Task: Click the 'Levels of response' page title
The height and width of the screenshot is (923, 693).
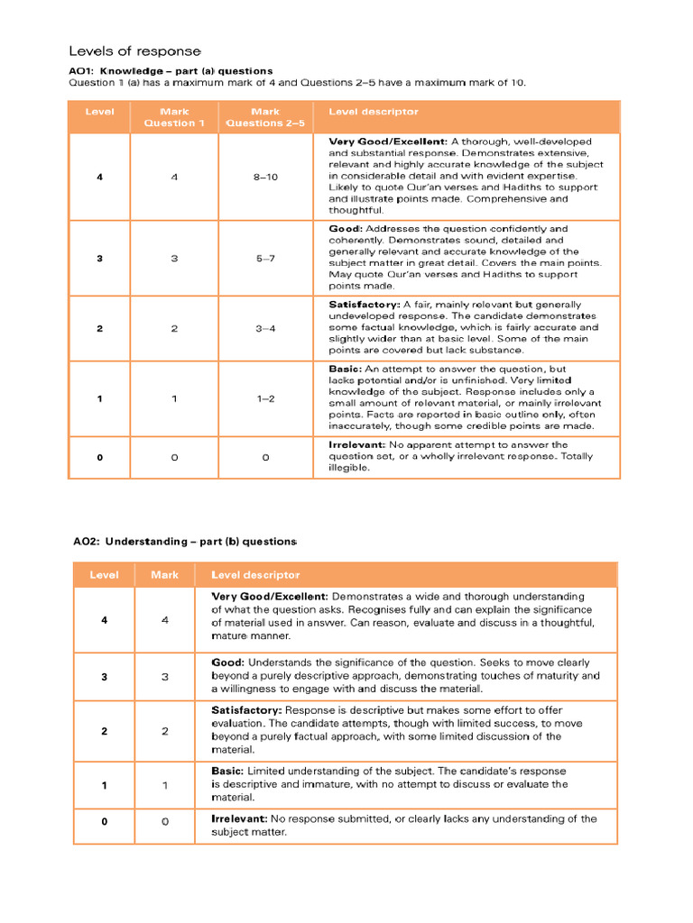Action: pyautogui.click(x=134, y=50)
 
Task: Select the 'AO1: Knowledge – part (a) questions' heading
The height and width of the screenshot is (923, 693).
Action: pyautogui.click(x=171, y=70)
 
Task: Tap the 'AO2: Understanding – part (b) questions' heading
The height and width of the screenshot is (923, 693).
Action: pyautogui.click(x=184, y=542)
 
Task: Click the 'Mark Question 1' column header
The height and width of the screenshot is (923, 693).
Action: pyautogui.click(x=174, y=117)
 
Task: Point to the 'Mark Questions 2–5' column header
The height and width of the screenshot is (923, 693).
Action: pyautogui.click(x=265, y=117)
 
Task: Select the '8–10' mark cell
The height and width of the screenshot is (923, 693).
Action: pyautogui.click(x=265, y=177)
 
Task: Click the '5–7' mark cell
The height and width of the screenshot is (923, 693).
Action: pyautogui.click(x=265, y=258)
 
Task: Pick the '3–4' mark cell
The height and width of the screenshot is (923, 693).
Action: pyautogui.click(x=265, y=328)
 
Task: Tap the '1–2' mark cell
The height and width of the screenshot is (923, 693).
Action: pyautogui.click(x=265, y=398)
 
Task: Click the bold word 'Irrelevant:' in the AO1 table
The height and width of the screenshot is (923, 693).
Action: pyautogui.click(x=356, y=445)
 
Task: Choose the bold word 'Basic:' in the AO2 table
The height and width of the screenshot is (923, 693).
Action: pyautogui.click(x=227, y=772)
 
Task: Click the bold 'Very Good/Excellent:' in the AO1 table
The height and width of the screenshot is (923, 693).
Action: pyautogui.click(x=387, y=142)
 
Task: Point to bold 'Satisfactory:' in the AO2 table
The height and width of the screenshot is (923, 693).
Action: pyautogui.click(x=246, y=710)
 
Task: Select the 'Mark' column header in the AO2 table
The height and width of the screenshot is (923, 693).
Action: pyautogui.click(x=164, y=574)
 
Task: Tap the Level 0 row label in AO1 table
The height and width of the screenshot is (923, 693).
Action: pyautogui.click(x=99, y=457)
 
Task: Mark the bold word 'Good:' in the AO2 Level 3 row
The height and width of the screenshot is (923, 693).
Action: pyautogui.click(x=227, y=662)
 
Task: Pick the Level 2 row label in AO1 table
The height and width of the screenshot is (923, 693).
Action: pyautogui.click(x=99, y=328)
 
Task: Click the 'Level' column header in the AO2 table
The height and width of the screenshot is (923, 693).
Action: pyautogui.click(x=104, y=574)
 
